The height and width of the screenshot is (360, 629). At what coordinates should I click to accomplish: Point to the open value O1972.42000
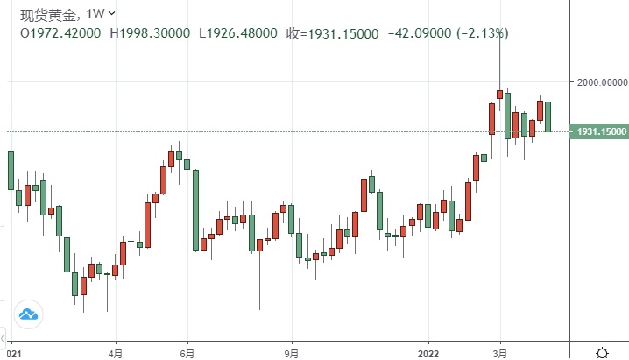[x=61, y=33]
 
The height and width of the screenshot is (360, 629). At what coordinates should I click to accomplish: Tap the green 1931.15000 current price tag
[x=600, y=131]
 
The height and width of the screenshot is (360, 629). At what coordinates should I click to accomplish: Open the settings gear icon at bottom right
[x=603, y=352]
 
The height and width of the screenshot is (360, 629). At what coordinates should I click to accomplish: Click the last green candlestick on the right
[x=548, y=116]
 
